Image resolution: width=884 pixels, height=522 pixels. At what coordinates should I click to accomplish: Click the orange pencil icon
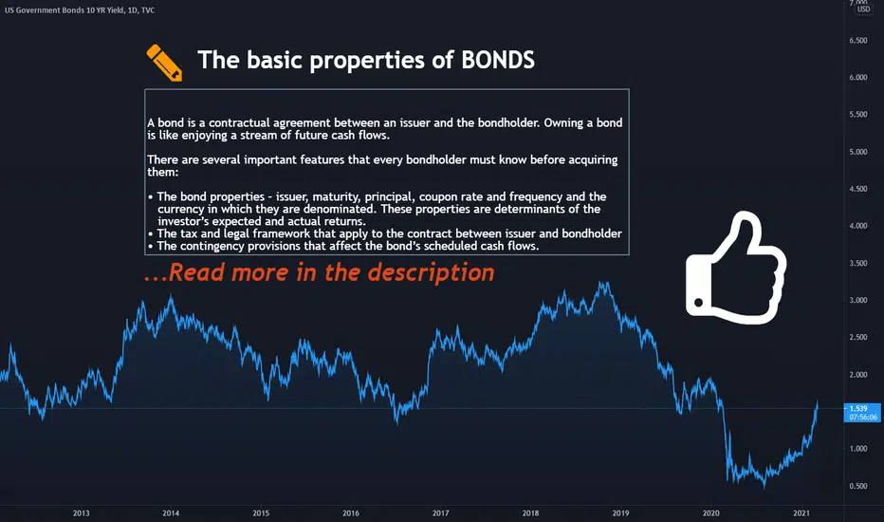click(164, 63)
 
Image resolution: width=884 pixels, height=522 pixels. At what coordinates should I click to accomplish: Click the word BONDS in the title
click(498, 60)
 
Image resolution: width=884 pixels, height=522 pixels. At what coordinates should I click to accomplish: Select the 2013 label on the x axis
click(82, 513)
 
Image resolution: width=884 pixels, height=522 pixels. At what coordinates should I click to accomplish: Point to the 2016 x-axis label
click(351, 513)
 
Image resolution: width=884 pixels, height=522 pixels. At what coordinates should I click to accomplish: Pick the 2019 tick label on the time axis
click(620, 513)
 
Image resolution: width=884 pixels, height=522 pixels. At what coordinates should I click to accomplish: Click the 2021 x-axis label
click(801, 513)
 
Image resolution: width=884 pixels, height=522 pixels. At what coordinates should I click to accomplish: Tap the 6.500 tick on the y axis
click(858, 41)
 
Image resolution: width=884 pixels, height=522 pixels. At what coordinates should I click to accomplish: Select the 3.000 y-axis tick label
click(858, 300)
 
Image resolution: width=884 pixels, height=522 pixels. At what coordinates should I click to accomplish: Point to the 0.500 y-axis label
click(858, 486)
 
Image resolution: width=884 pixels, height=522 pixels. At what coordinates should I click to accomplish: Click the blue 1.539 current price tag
click(862, 413)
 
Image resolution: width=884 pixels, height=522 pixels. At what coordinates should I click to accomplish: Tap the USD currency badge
click(864, 9)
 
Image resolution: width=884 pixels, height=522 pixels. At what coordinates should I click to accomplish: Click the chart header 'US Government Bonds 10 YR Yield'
click(64, 10)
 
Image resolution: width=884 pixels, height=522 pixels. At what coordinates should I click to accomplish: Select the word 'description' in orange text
click(431, 272)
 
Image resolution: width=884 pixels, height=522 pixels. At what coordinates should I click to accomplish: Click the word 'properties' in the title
click(366, 61)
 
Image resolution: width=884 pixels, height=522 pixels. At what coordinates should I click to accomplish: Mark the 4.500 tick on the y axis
click(858, 189)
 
